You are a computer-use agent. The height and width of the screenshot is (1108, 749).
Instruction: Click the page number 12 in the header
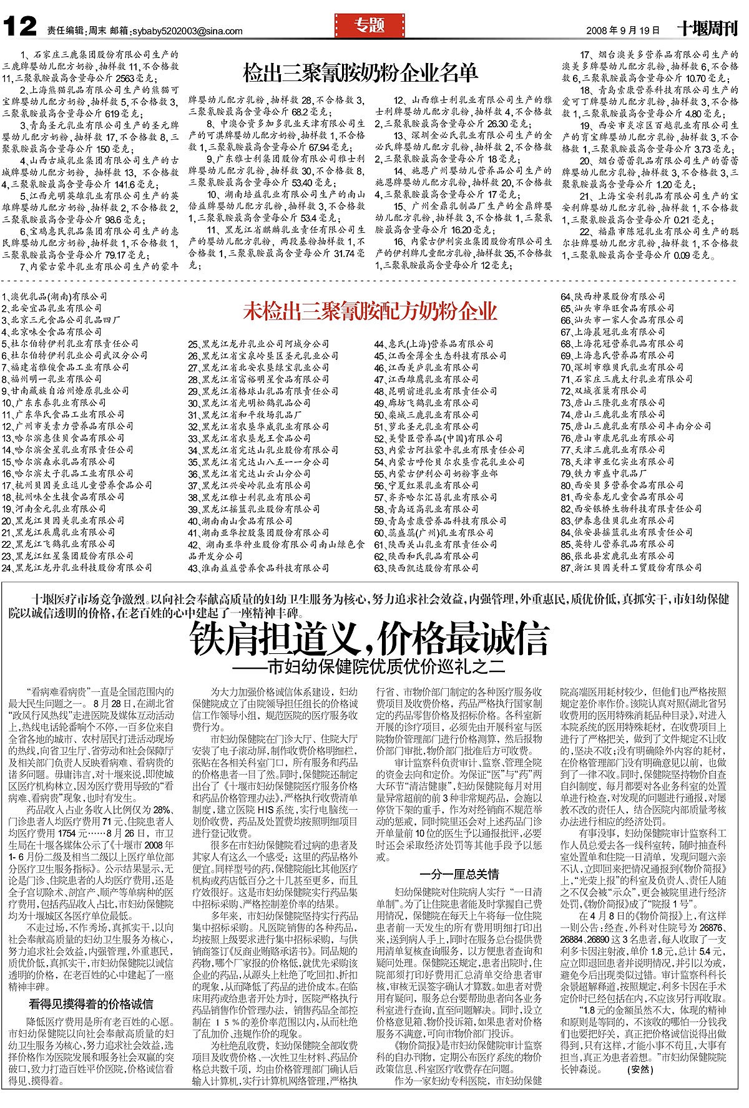tap(21, 28)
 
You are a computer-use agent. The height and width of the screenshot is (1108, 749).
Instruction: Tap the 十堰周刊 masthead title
tap(708, 29)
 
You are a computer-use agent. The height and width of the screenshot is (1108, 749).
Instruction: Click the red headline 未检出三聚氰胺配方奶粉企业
tap(370, 310)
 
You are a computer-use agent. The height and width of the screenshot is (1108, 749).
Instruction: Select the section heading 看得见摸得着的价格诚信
tap(91, 1004)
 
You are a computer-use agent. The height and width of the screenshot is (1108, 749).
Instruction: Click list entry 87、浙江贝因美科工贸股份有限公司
tap(631, 568)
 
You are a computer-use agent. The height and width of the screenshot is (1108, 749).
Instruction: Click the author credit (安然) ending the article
tap(640, 1086)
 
